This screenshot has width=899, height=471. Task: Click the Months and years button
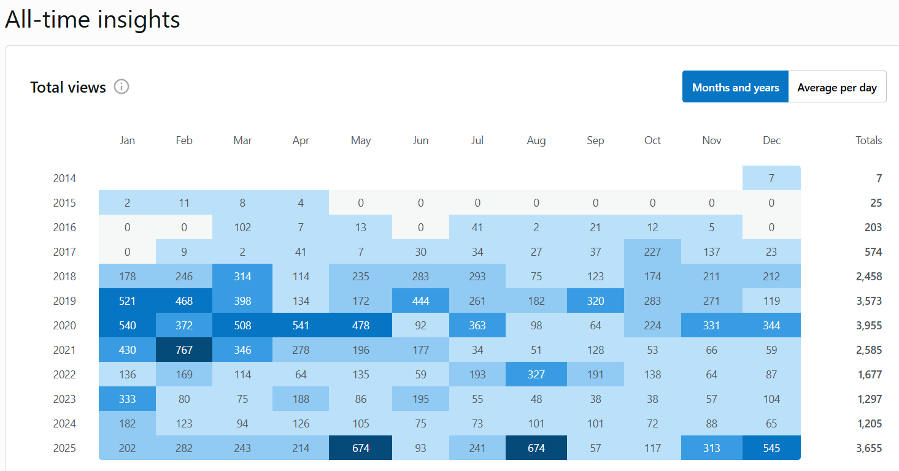(x=735, y=88)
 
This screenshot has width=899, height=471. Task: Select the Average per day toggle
(x=837, y=88)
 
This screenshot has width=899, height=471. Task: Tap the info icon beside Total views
(x=122, y=87)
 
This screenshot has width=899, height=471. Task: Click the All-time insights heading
(x=93, y=20)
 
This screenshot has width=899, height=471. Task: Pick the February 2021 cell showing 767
(x=184, y=350)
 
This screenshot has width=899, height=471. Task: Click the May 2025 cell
(x=361, y=448)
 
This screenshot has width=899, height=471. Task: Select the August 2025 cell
(x=536, y=448)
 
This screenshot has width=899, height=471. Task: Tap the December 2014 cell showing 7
(x=771, y=178)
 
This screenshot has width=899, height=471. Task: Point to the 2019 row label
(x=64, y=301)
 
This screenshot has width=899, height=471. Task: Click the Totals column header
(x=869, y=140)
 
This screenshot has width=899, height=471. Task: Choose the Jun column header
(x=420, y=140)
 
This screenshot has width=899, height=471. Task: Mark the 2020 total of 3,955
(x=869, y=326)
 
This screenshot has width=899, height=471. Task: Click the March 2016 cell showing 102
(x=242, y=228)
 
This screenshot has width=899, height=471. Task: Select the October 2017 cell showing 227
(x=652, y=252)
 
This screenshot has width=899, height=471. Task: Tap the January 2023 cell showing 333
(x=127, y=399)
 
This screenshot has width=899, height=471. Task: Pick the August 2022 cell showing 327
(x=536, y=375)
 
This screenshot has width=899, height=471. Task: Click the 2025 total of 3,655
(x=869, y=448)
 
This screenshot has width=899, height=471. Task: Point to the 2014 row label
(x=64, y=178)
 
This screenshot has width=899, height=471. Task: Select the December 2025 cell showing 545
(x=771, y=448)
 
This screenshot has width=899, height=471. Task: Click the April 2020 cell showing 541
(x=301, y=326)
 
